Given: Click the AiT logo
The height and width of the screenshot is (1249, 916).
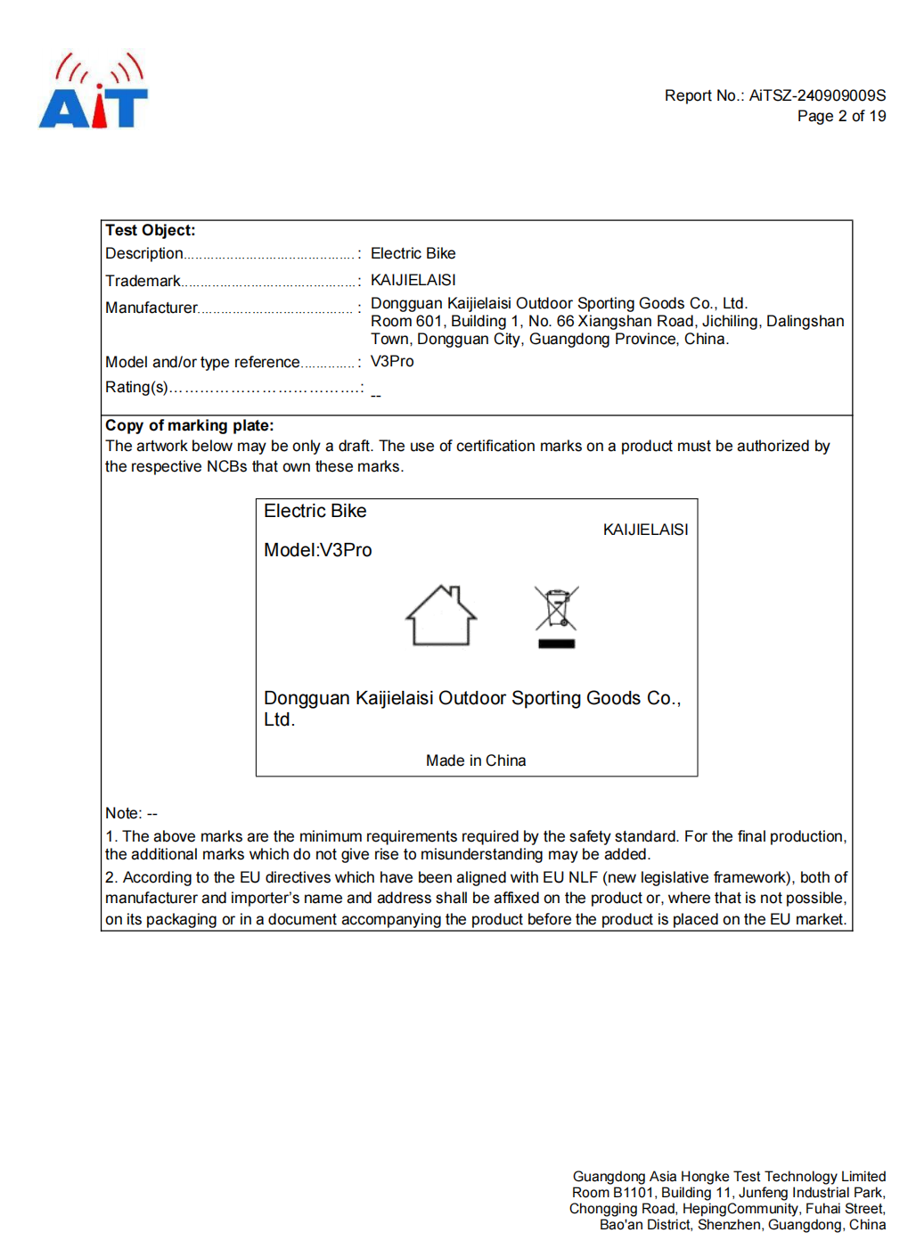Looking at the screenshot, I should pos(94,91).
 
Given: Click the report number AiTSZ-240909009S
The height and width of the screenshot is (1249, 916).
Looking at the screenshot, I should pos(817,95).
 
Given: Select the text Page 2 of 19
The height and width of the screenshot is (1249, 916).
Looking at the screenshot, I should pos(841,116).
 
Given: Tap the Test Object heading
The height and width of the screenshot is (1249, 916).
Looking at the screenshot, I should pos(151,230).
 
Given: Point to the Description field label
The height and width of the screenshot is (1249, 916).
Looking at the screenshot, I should pos(144,253).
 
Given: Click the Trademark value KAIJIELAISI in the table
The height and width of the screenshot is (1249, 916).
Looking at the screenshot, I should pos(413,280).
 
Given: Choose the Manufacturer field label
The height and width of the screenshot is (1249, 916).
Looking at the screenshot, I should pos(151,308).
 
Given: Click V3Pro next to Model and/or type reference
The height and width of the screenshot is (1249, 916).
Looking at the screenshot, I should pos(392,361).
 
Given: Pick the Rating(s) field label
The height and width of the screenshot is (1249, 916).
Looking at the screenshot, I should pos(136,387).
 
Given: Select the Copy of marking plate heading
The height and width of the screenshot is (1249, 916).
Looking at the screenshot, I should pos(190,425).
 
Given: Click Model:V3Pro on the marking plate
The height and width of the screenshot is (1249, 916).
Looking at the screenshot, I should pos(318,550).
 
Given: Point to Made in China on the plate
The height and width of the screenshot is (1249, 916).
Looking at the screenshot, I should pos(476,760).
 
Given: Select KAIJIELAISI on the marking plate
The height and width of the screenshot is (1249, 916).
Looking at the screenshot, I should pos(645,530).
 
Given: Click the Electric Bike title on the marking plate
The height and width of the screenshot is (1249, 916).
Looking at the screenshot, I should pos(315,511).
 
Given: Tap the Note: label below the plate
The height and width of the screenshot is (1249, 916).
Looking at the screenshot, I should pos(124,813).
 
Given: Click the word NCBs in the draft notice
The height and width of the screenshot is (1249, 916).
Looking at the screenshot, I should pos(227,466).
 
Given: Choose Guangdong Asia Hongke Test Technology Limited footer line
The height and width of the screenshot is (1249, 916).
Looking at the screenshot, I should pos(729,1177).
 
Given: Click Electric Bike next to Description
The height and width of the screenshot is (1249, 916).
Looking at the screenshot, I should pos(413,253).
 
